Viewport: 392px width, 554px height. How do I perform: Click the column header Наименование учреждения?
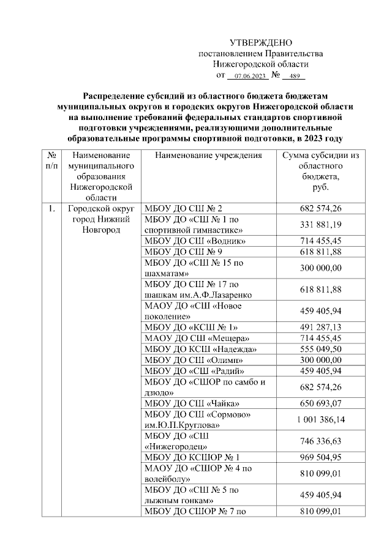click(208, 155)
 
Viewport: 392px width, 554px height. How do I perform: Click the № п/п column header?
click(52, 161)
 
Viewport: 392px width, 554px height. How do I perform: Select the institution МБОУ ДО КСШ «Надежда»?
click(192, 348)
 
